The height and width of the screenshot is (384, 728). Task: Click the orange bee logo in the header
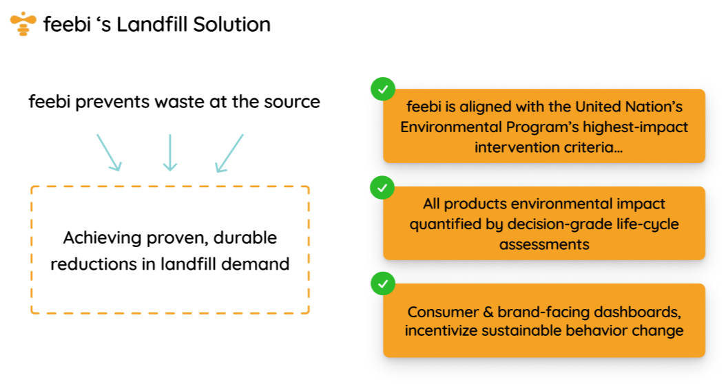(23, 24)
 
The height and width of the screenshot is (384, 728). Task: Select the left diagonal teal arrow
(109, 152)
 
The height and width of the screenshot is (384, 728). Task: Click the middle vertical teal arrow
(169, 152)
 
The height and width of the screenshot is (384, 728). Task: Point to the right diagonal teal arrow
(229, 152)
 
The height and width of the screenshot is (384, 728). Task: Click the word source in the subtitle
(291, 102)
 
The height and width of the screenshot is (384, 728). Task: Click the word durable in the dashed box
(245, 238)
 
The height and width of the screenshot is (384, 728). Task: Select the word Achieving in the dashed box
(103, 238)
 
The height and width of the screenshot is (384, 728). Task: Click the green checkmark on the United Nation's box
(382, 89)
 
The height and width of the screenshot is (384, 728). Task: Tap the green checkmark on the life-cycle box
(382, 186)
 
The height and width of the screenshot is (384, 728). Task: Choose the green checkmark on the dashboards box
(382, 284)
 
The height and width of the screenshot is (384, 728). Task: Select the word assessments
(544, 244)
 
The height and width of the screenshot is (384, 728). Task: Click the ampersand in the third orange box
(486, 312)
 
